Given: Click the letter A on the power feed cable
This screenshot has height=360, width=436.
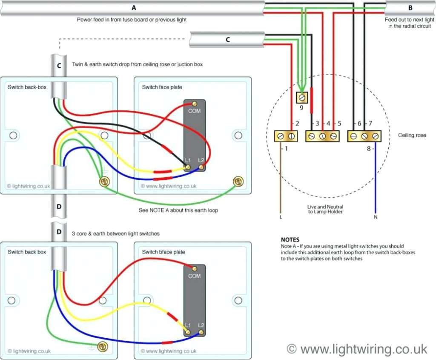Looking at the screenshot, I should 134,8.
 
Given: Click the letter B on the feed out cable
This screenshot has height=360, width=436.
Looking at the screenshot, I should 410,8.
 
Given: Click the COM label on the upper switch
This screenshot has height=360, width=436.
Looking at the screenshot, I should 194,111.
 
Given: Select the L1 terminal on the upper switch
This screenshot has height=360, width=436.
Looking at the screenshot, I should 188,167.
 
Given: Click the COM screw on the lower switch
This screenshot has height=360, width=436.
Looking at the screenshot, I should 195,268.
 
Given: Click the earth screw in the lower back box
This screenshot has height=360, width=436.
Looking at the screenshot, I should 102,346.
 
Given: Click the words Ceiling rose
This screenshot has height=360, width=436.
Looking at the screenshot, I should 412,135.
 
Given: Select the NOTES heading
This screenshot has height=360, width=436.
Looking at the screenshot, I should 290,240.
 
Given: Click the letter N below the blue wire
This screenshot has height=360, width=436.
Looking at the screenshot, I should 375,216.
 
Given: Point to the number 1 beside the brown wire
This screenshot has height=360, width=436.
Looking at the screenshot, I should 286,149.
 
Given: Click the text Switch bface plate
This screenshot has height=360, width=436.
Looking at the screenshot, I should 163,252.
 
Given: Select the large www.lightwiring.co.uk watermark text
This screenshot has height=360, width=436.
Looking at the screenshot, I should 357,349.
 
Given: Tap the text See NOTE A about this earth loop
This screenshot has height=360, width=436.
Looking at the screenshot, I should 178,210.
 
